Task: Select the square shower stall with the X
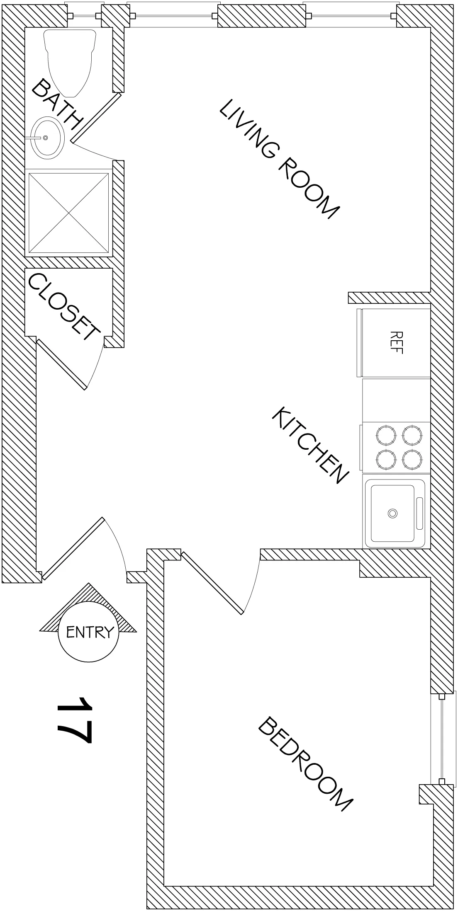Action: click(x=69, y=213)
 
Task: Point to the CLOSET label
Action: click(x=64, y=307)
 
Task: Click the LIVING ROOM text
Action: click(x=279, y=158)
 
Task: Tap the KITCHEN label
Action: click(x=309, y=445)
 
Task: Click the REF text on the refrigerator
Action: click(x=397, y=342)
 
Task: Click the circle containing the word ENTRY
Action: click(x=88, y=632)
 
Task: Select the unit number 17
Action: click(x=74, y=720)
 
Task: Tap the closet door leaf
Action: click(x=61, y=365)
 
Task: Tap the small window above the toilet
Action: click(x=85, y=16)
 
